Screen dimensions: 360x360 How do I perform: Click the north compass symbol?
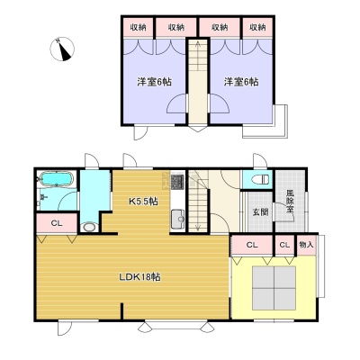point(62,49)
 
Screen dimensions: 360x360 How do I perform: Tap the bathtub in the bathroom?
point(56,179)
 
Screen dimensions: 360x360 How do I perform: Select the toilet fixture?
point(260,180)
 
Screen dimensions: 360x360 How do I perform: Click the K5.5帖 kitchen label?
point(143,202)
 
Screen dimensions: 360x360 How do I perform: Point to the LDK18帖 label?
point(139,276)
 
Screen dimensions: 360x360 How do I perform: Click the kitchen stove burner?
point(177,182)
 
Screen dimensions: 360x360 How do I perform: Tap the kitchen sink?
point(177,219)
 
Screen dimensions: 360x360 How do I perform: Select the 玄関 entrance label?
point(260,212)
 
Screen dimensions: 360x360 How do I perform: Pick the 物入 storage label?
point(306,245)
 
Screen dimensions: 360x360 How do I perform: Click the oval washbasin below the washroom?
point(89,227)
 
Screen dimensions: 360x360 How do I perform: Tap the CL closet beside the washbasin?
point(57,223)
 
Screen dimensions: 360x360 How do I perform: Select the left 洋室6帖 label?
point(155,82)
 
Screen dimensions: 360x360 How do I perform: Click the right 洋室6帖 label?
point(241,82)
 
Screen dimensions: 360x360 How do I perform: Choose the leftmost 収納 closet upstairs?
point(138,27)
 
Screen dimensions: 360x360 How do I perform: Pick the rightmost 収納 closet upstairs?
point(257,27)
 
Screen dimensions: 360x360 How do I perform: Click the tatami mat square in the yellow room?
point(274,287)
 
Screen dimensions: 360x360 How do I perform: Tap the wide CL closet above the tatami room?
point(252,245)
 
